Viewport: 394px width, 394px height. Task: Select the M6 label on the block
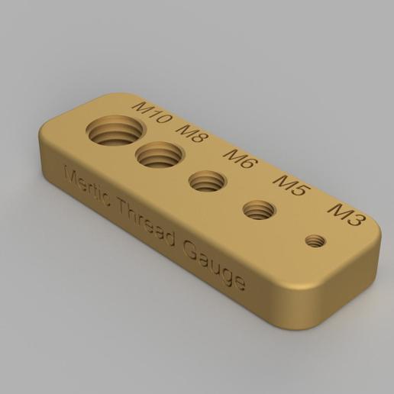coord(241,159)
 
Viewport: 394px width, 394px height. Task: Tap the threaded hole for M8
coord(159,157)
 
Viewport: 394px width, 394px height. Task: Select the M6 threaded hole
coord(206,182)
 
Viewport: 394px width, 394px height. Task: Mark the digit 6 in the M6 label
coord(250,163)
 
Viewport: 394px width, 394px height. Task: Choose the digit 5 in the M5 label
coord(299,189)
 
